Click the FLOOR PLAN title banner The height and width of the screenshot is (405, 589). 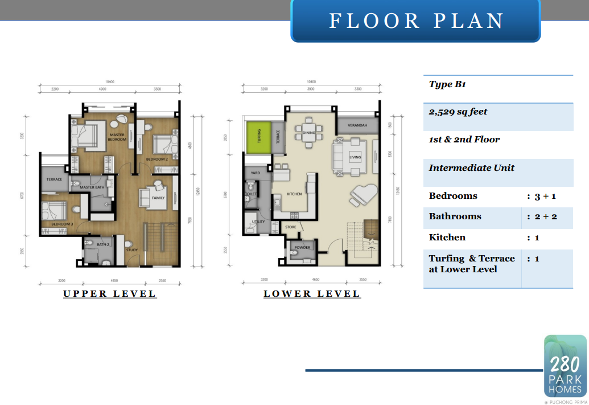416,21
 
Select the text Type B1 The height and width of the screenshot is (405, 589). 447,84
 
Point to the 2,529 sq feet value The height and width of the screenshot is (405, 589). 458,112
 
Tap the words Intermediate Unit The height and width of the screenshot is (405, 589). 471,168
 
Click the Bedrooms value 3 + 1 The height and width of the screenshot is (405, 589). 545,196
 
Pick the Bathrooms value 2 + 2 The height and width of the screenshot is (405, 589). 545,216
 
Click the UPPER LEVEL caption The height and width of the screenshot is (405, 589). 110,294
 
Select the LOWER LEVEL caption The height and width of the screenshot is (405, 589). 312,294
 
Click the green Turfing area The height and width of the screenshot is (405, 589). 258,137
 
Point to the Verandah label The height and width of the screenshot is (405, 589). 357,125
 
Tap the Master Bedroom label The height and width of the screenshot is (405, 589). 117,137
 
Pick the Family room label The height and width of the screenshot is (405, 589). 158,198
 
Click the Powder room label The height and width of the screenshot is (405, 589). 302,248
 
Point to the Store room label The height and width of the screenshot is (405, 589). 291,227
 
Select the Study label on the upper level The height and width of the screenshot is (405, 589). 132,249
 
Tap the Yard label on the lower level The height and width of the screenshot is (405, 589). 256,173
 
